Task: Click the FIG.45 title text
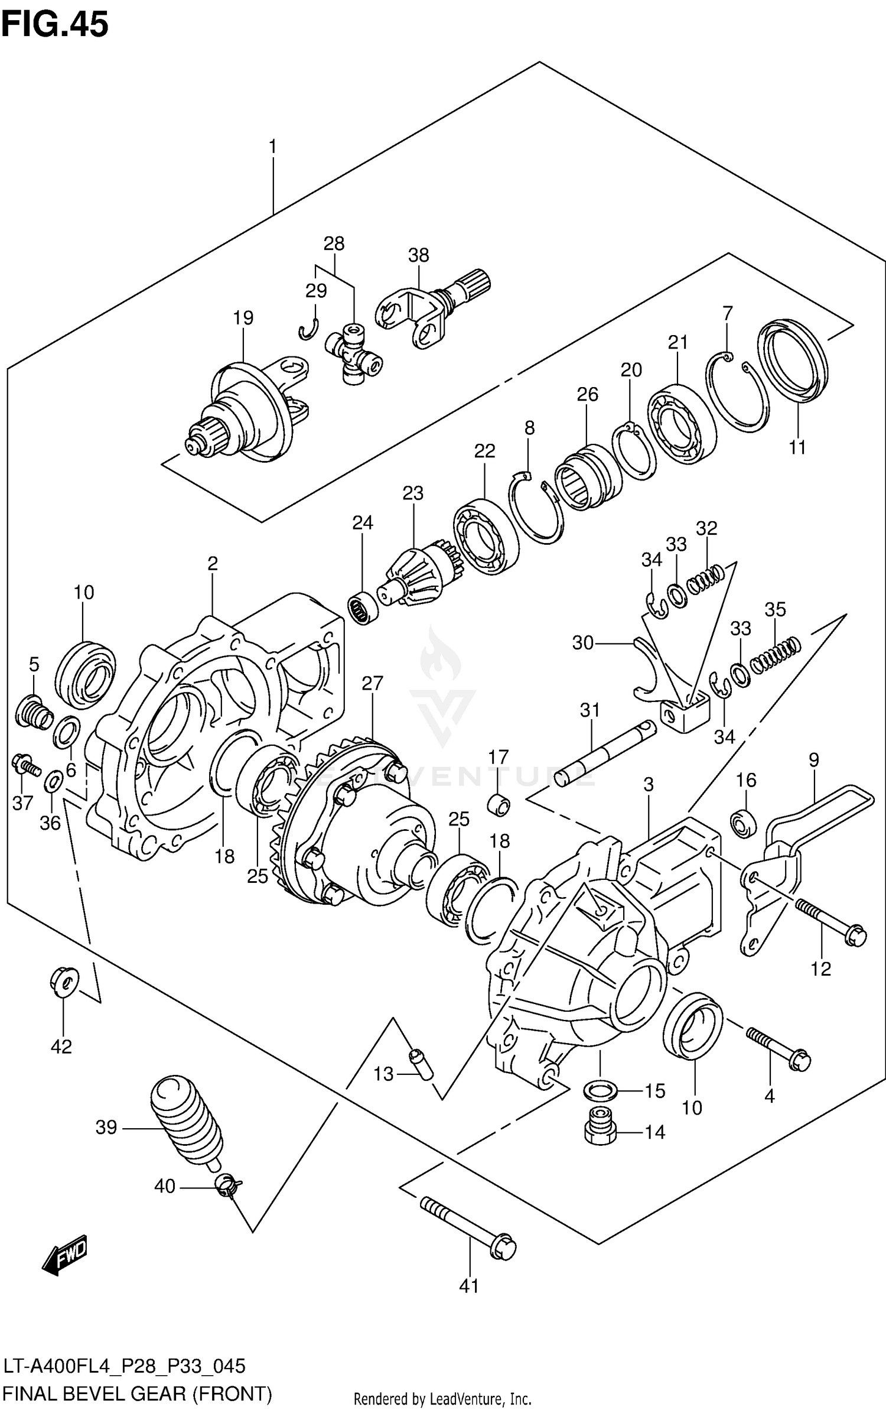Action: tap(55, 25)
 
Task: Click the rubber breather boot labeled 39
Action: tap(184, 1122)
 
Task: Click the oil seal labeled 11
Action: tap(793, 358)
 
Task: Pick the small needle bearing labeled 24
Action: tap(362, 608)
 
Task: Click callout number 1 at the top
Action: tap(272, 147)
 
